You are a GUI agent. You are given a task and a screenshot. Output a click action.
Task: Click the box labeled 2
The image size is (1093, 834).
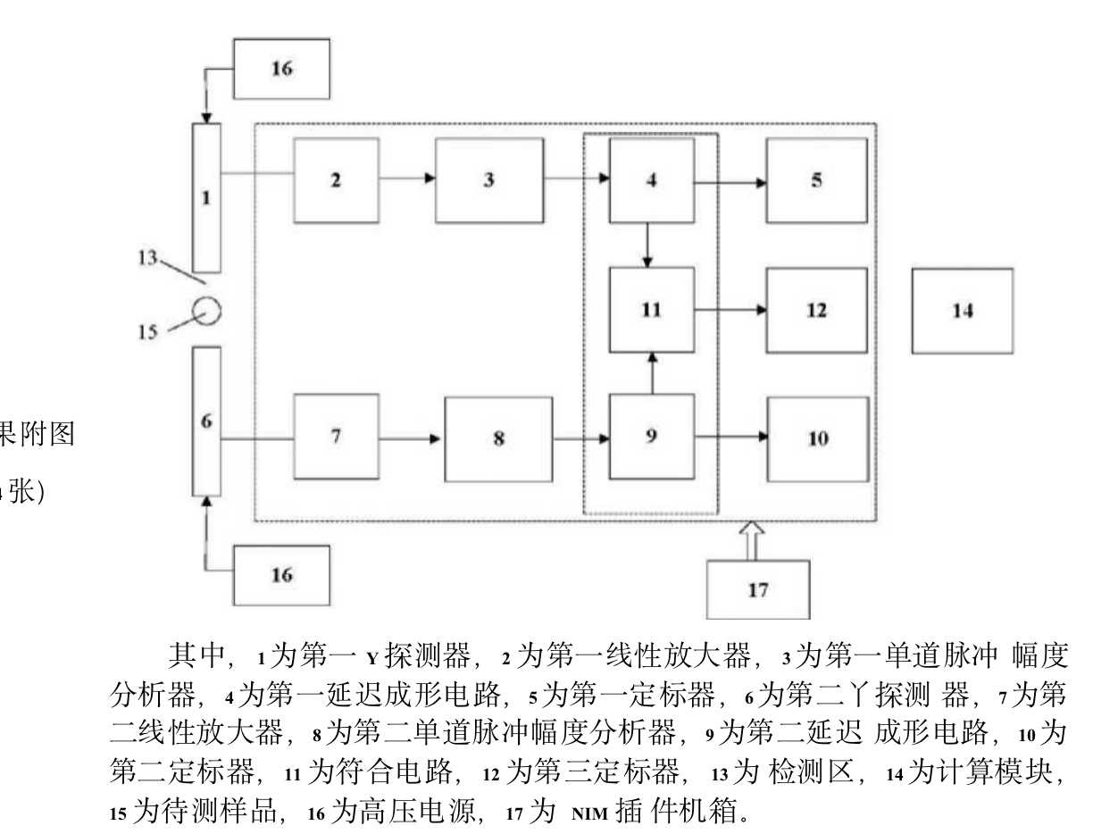point(336,179)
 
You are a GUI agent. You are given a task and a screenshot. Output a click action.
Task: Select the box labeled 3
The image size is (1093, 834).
point(488,179)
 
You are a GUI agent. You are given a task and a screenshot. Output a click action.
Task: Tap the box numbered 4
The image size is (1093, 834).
point(651,179)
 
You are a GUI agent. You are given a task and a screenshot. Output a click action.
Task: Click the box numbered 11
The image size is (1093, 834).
point(651,310)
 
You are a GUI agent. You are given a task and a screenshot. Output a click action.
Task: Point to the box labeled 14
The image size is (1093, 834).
point(962,311)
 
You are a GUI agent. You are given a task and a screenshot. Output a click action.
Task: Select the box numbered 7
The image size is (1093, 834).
point(336,438)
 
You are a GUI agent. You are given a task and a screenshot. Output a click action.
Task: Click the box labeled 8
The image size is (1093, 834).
point(498,438)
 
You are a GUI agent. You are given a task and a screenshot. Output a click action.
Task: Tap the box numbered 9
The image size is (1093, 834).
point(651,438)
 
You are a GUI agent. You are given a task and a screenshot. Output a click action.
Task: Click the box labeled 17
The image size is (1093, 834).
point(757,589)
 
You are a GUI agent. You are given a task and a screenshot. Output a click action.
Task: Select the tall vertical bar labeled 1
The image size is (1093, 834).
point(206,197)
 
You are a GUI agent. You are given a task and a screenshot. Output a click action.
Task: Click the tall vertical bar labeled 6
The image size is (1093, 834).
point(206,421)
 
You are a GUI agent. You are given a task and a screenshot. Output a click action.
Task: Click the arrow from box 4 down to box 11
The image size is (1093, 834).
point(649,245)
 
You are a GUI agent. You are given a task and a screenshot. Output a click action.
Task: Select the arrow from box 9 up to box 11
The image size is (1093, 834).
point(653,373)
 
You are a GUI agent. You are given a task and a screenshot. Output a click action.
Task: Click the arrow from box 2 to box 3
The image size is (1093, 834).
point(407,179)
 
